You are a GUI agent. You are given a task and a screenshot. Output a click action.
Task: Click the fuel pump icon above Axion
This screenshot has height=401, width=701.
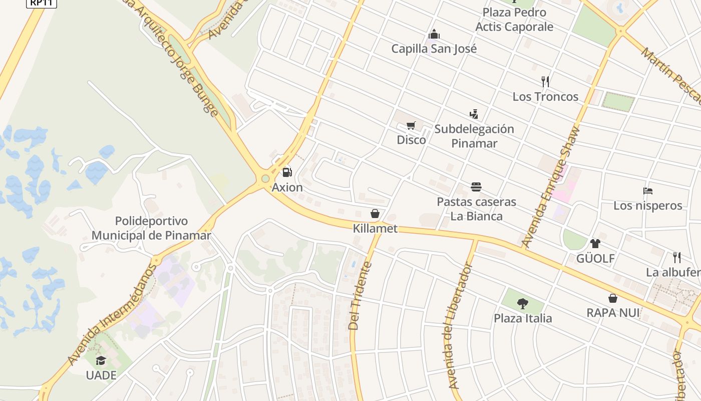click(x=287, y=172)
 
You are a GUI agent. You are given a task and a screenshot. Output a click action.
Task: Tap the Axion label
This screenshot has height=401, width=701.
click(x=287, y=187)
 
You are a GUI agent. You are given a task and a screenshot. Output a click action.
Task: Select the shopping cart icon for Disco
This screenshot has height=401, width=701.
click(x=411, y=125)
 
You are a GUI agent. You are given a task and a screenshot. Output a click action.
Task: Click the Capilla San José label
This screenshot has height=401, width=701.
click(x=434, y=49)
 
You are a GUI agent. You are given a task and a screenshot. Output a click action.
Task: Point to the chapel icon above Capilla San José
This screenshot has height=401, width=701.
click(x=434, y=34)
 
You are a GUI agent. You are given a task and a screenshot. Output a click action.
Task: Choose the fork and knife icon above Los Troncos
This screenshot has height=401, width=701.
click(x=545, y=81)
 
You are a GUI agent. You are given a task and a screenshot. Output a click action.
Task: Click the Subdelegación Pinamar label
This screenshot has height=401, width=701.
click(x=474, y=136)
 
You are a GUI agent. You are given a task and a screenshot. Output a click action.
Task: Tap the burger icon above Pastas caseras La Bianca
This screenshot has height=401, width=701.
click(x=476, y=187)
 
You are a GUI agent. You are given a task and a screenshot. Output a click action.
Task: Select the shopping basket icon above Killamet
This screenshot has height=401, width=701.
click(x=375, y=214)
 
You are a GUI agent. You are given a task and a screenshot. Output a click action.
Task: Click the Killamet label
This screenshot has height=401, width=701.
click(x=375, y=229)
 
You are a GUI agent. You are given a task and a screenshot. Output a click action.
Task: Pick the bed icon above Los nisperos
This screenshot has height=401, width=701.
click(x=648, y=190)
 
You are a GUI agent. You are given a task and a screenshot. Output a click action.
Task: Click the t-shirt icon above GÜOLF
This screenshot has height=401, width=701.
click(x=595, y=244)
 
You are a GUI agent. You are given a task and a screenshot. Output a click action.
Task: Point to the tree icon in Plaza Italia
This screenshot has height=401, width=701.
click(x=523, y=303)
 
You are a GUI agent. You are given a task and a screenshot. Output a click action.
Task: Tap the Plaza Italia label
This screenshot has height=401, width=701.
click(x=523, y=318)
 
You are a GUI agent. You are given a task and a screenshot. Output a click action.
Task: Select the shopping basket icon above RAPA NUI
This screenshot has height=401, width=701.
click(x=612, y=298)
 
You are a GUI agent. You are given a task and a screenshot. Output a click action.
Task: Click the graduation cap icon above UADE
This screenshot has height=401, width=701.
click(x=101, y=360)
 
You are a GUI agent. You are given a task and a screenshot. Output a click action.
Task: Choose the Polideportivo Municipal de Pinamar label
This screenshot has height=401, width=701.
click(x=151, y=228)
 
